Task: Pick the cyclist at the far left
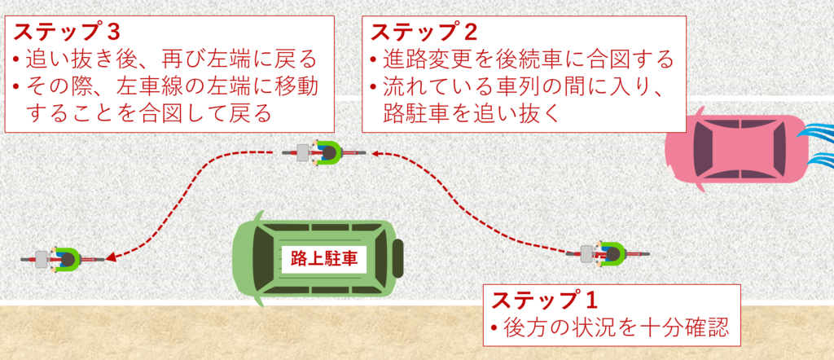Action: click(62, 259)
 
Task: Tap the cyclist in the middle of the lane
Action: click(325, 152)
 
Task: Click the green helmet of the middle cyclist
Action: click(330, 152)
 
